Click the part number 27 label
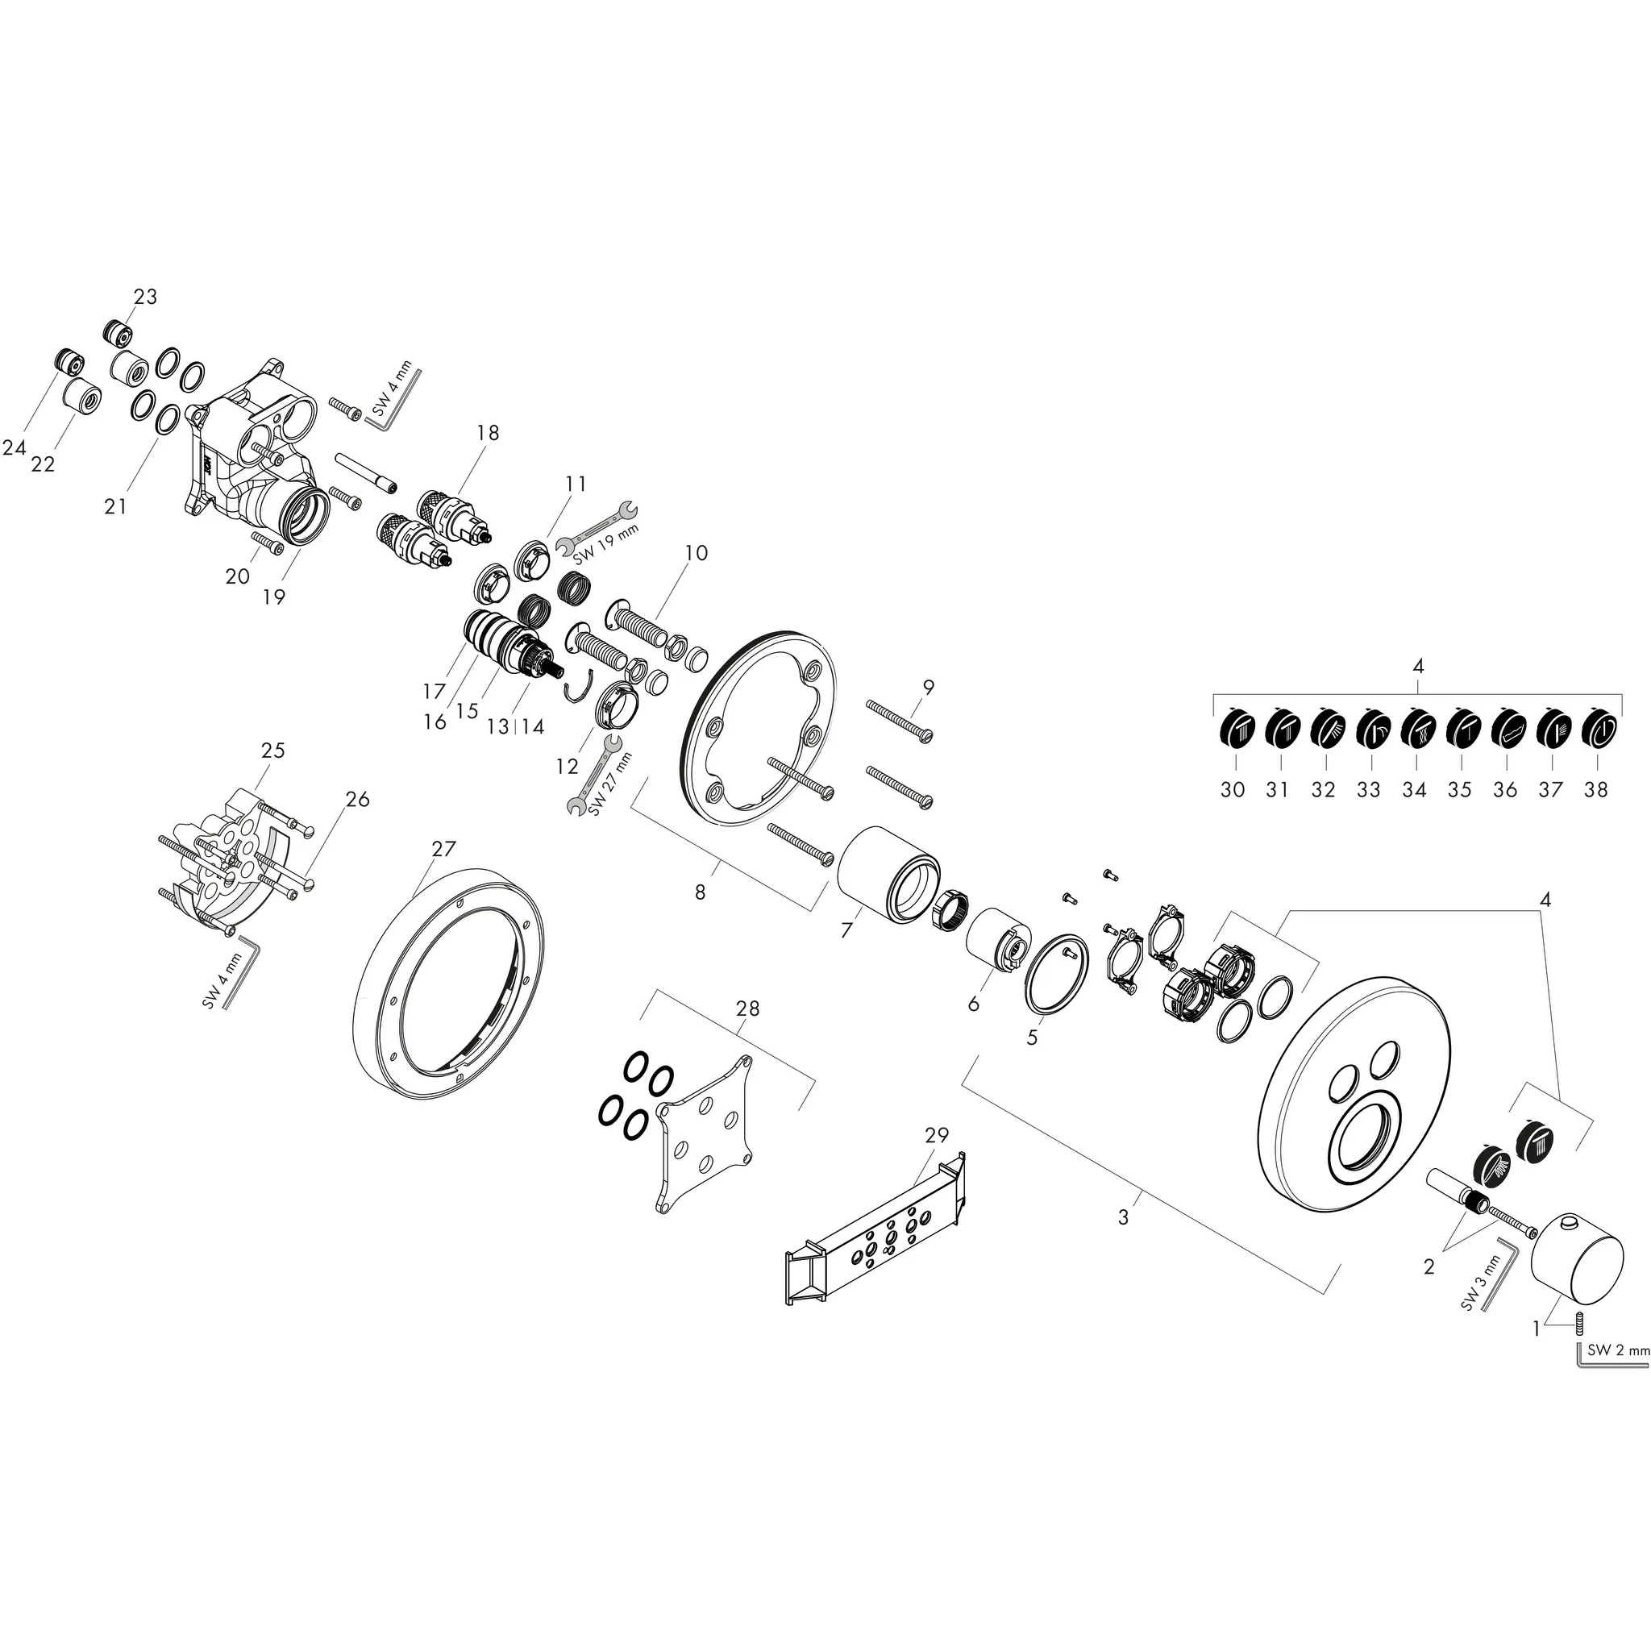[443, 850]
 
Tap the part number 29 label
[937, 1136]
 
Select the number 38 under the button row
[1595, 789]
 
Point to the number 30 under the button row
[1233, 789]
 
